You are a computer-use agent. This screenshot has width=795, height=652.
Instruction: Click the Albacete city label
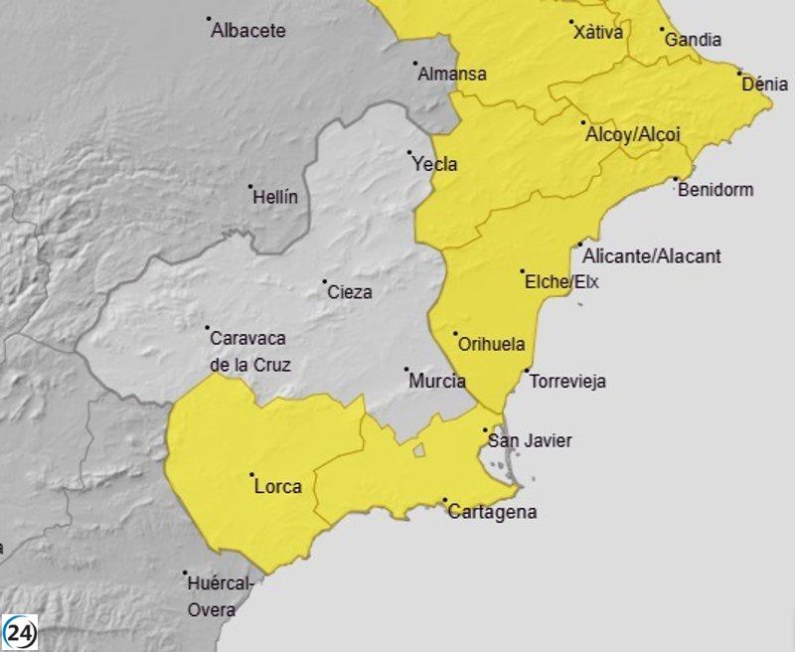(248, 31)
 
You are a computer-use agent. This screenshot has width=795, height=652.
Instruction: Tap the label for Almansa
(452, 74)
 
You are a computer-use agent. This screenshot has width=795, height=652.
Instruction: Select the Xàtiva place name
(599, 33)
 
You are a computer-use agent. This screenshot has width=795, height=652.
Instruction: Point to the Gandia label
(693, 40)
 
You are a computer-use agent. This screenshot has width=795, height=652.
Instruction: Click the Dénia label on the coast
(765, 84)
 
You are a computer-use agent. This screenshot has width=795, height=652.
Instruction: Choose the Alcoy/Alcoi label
(633, 134)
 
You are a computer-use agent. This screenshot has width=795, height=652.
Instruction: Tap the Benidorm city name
(715, 189)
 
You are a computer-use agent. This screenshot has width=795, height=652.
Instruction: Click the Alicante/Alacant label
(652, 256)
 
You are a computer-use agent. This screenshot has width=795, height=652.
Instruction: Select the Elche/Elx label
(562, 281)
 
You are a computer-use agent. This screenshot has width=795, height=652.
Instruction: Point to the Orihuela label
(491, 345)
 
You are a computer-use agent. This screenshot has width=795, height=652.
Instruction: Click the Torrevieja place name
(567, 381)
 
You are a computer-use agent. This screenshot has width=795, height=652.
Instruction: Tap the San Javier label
(529, 440)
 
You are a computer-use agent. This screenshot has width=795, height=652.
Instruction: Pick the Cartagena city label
(492, 513)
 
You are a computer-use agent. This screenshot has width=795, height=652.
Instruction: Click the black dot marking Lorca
(251, 475)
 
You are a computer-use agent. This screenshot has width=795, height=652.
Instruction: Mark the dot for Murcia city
(406, 370)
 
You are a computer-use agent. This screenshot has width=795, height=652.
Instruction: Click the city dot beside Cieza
(325, 282)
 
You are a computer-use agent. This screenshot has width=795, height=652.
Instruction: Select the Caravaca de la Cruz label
(250, 352)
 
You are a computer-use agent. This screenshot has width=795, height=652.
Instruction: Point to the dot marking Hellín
(250, 186)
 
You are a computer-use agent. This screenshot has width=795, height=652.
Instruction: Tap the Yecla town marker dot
(409, 153)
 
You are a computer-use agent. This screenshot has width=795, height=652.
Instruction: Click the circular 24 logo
(20, 633)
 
